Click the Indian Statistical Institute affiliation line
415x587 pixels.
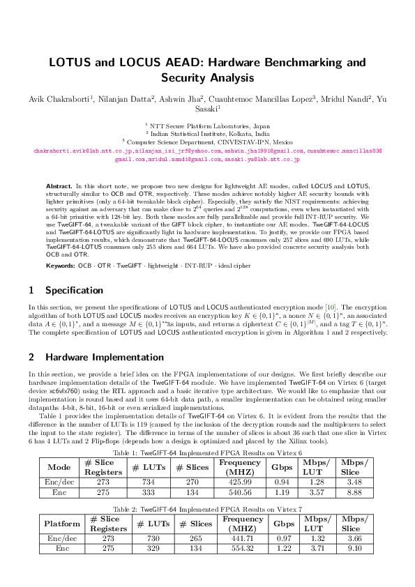208,132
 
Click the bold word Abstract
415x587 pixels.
59,187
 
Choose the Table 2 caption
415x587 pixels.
207,510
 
